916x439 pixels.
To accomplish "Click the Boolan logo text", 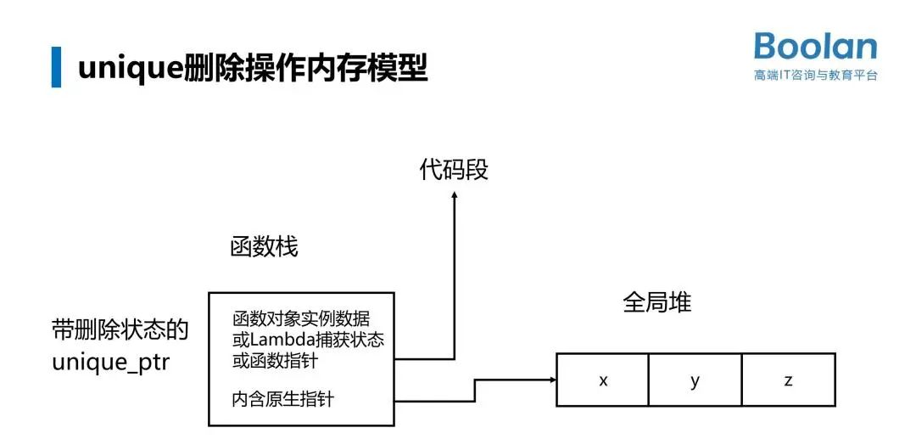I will coord(815,48).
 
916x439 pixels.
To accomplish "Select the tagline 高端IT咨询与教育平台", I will coord(815,76).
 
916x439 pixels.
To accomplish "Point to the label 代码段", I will coord(454,170).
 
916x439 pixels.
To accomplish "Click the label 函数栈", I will coord(264,247).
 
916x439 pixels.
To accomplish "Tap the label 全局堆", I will coord(657,302).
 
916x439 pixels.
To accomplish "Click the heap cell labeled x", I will coord(603,380).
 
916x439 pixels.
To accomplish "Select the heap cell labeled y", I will coord(695,380).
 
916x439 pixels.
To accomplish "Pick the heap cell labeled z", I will coord(788,380).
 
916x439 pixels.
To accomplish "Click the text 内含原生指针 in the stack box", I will coord(282,398).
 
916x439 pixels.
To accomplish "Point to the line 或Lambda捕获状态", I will coord(308,341).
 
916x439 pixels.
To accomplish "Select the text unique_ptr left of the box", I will coord(110,363).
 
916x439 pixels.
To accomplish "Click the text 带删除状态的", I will coord(120,330).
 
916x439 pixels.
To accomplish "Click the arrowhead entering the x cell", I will coord(550,380).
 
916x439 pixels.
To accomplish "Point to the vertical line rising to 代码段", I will coord(454,280).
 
